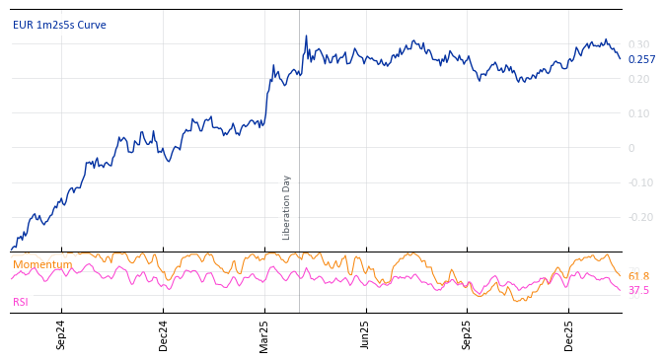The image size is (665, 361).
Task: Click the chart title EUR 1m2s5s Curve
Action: point(59,26)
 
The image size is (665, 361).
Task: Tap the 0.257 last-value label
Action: point(641,59)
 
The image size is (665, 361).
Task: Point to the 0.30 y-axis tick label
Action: point(639,44)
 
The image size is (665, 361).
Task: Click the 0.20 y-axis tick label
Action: point(639,79)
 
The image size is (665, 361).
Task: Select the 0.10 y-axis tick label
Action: point(639,113)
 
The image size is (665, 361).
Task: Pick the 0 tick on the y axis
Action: point(631,148)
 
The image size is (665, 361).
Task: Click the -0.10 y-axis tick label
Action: point(641,182)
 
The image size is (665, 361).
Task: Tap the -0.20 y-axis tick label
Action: point(641,217)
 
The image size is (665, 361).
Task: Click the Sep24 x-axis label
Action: point(61,335)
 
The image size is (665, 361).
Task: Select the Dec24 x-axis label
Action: point(164,335)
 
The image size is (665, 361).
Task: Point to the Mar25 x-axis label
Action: point(264,335)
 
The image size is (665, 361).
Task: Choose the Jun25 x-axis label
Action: point(366,335)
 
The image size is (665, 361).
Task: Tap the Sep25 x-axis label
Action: point(468,335)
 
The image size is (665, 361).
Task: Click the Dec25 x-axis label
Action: point(569,335)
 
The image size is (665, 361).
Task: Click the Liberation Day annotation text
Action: point(287,207)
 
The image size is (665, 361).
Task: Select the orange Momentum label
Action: point(42,264)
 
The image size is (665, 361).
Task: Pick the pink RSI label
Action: point(21,302)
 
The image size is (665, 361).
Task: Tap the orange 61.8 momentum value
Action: point(638,277)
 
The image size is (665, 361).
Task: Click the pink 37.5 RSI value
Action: point(638,291)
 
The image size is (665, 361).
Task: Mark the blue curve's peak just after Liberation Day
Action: point(306,36)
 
